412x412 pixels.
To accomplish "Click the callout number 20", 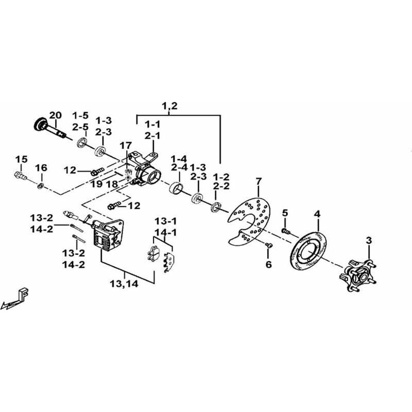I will click(55, 114).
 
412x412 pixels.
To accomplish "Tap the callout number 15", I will click(21, 159).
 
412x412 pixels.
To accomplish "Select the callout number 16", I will click(41, 168).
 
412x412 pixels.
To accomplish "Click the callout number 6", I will click(268, 265).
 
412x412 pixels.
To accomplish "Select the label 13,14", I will click(123, 283).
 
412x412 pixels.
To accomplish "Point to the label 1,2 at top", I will click(169, 107).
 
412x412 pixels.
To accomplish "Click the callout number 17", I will click(126, 146).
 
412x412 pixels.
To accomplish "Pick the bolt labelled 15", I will click(22, 176).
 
